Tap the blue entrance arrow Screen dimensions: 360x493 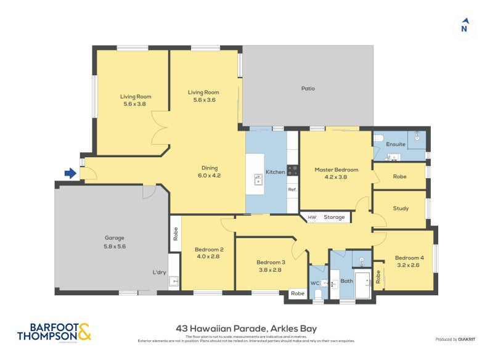pos(71,174)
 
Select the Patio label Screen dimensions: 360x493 pos(308,89)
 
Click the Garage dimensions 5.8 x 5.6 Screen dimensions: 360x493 pos(115,246)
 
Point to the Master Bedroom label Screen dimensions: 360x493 pos(336,170)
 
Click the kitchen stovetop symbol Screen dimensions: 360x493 pos(293,171)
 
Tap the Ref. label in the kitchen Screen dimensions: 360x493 pos(293,190)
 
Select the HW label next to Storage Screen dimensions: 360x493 pos(311,217)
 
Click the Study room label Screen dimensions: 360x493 pos(401,208)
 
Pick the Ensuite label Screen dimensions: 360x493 pos(396,144)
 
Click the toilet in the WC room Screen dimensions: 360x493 pos(318,295)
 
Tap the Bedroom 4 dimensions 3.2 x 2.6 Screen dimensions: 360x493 pos(409,266)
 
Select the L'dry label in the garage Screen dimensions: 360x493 pos(160,272)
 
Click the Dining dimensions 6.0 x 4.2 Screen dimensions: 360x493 pos(210,176)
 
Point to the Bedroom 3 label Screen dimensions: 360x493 pos(271,263)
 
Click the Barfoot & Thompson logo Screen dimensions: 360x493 pos(54,331)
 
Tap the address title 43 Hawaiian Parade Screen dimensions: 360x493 pos(246,329)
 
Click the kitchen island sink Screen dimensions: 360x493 pos(258,179)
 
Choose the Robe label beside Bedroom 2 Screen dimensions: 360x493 pos(175,234)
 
